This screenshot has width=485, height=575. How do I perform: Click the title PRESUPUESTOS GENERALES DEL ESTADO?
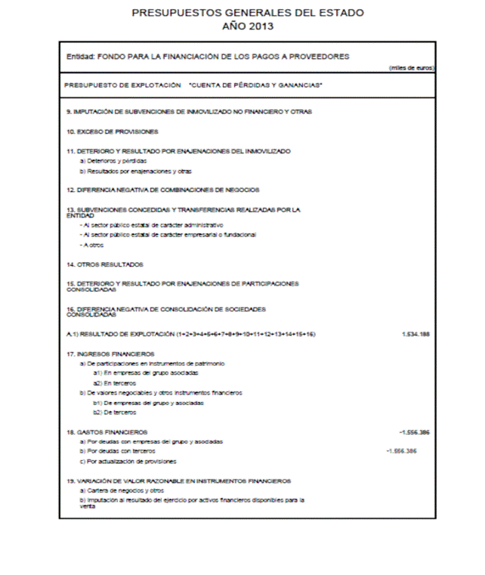[x=247, y=13]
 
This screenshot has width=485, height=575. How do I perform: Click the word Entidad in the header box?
[x=79, y=57]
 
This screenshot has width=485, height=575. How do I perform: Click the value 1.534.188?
[x=415, y=333]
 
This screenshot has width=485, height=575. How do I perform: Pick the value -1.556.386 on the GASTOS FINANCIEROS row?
[x=413, y=431]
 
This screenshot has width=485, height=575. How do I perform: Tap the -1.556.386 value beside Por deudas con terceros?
[x=401, y=451]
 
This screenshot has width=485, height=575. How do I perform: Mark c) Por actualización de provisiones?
[x=128, y=461]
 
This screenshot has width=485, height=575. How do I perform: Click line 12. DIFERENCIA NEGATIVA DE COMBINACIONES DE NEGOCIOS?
[x=162, y=190]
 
